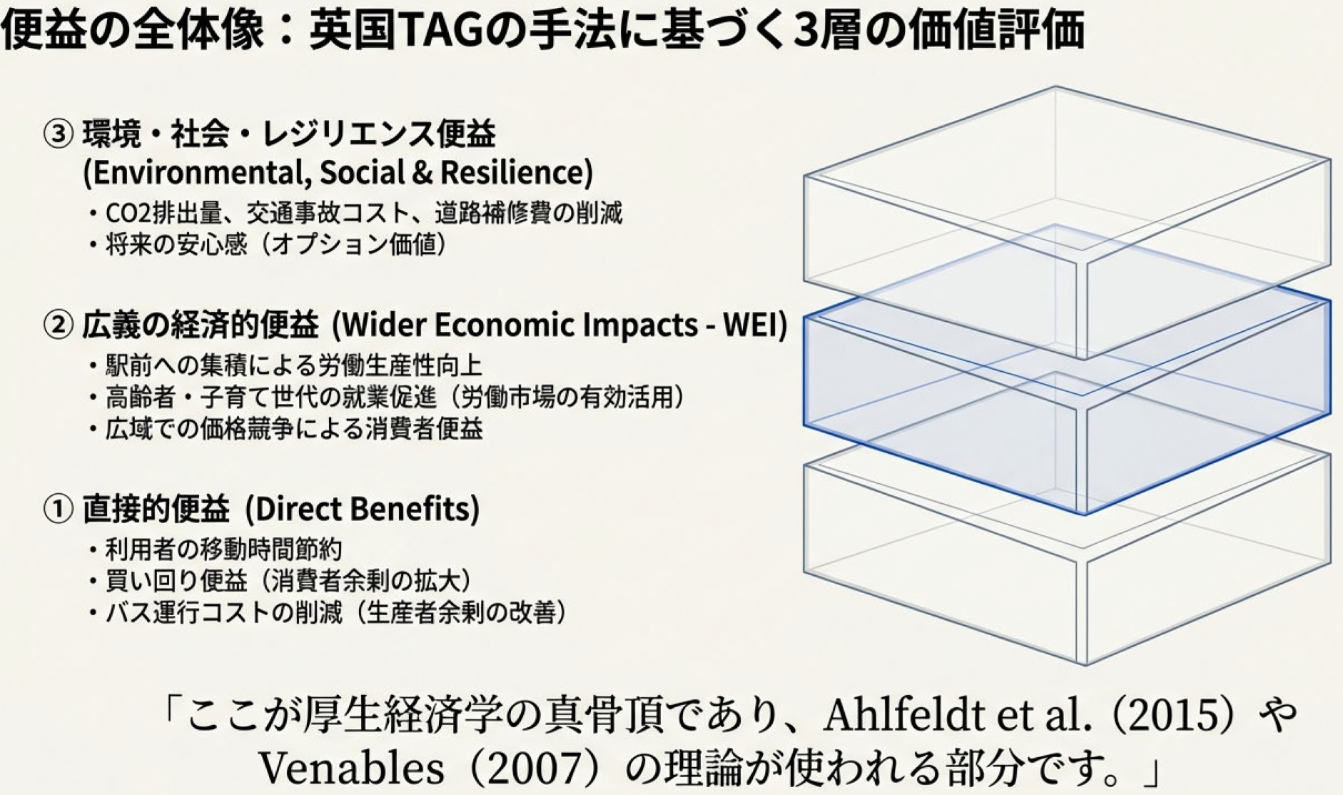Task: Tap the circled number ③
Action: [x=58, y=134]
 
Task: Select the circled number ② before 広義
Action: [x=58, y=325]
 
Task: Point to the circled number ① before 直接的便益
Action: [x=58, y=509]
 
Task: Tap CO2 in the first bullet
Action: [x=126, y=213]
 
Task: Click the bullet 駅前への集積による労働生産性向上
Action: [x=285, y=365]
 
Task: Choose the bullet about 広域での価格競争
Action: [x=285, y=428]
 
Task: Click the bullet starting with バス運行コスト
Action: [x=328, y=612]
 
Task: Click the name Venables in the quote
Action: [x=350, y=768]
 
